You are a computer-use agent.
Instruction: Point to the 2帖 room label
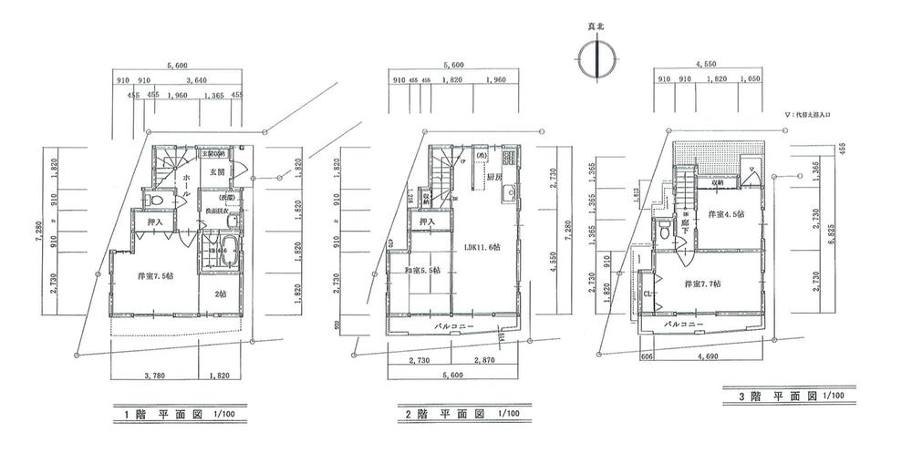point(219,294)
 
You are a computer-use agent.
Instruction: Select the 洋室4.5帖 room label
point(727,215)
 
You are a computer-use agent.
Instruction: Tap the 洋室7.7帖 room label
point(703,284)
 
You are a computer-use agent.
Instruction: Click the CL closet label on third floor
point(647,294)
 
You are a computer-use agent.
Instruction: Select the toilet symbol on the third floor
point(658,235)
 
